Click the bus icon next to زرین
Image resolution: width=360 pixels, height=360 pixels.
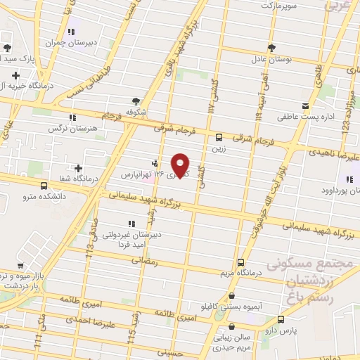click(219, 137)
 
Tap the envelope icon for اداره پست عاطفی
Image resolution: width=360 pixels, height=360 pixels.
click(305, 106)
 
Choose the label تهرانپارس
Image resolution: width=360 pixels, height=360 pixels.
click(134, 173)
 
